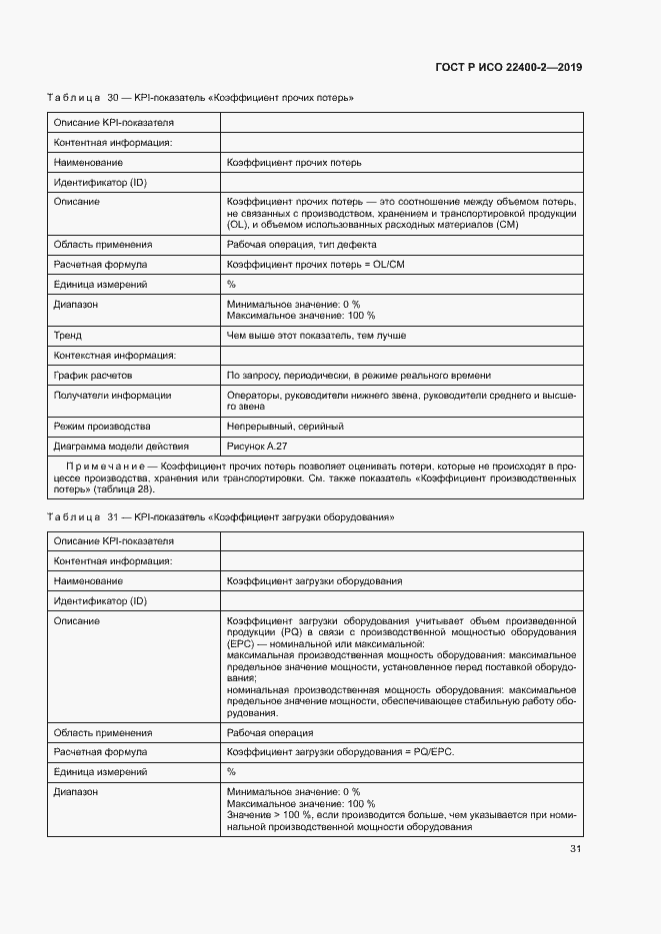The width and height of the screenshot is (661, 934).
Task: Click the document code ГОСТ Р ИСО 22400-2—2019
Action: (509, 67)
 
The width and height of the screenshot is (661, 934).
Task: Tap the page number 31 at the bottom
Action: (575, 849)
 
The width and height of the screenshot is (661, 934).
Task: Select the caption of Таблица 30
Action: (201, 99)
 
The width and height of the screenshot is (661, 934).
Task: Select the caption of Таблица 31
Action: (221, 518)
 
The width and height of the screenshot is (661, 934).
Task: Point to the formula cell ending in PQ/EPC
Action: (339, 752)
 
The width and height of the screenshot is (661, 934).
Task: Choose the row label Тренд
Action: (68, 336)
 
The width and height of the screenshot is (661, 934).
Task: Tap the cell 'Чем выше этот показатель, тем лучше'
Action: (316, 336)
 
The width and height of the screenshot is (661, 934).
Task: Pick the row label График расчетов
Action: (93, 376)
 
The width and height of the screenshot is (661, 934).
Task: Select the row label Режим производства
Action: (96, 427)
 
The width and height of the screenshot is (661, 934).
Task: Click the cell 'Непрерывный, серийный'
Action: (285, 427)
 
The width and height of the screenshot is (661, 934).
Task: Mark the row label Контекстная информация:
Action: (114, 356)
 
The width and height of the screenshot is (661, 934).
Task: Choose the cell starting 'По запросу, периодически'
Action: (358, 376)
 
